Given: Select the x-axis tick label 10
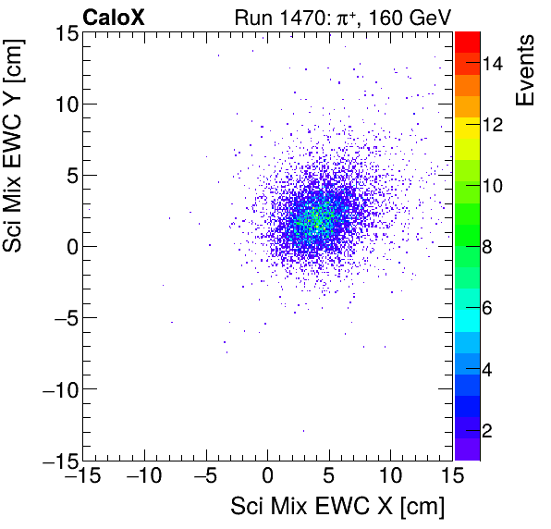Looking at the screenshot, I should pos(390,477).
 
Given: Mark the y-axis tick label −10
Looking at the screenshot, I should pos(58,388).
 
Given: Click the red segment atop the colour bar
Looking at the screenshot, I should pos(468,39).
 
